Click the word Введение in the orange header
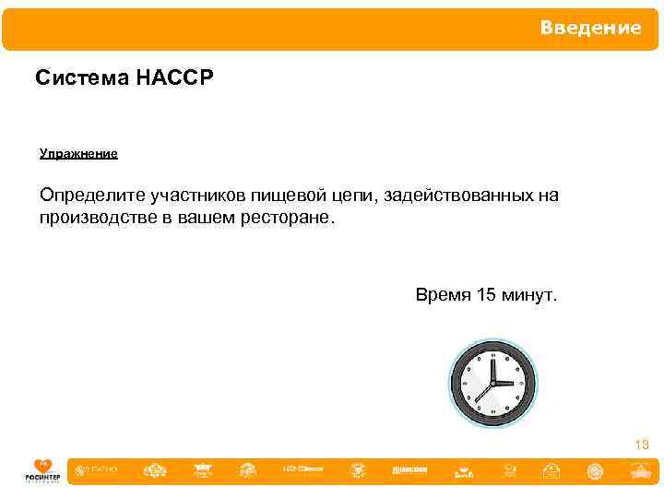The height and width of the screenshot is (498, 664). pyautogui.click(x=590, y=28)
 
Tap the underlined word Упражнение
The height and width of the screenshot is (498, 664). pyautogui.click(x=78, y=153)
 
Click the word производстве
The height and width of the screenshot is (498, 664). pyautogui.click(x=101, y=219)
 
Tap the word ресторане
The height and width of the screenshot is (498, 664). pyautogui.click(x=288, y=219)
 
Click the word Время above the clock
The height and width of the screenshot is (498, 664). pyautogui.click(x=444, y=295)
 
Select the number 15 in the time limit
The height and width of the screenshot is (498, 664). pyautogui.click(x=487, y=295)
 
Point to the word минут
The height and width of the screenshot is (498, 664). pyautogui.click(x=529, y=295)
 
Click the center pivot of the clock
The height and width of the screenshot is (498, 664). pyautogui.click(x=492, y=383)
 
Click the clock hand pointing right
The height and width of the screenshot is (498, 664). pyautogui.click(x=505, y=383)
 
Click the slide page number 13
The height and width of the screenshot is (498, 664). pyautogui.click(x=642, y=445)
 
